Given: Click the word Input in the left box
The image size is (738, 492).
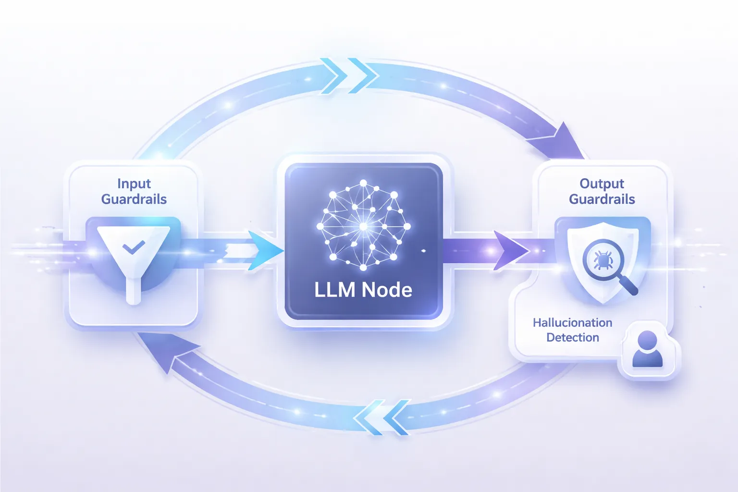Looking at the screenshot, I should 134,184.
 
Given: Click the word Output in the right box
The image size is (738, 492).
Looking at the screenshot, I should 602,184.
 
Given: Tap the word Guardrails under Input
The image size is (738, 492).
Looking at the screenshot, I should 134,199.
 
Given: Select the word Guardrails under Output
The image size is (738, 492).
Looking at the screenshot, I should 602,199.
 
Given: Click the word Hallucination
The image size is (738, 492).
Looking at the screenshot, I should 572,322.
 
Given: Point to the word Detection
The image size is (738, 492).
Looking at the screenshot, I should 573,337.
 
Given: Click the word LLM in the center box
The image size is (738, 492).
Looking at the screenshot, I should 334,290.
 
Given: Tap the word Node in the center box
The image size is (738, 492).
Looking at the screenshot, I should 387,290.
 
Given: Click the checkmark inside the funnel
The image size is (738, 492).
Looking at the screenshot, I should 134,247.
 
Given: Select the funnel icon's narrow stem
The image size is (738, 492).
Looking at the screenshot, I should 133,291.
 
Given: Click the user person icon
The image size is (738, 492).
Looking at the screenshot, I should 647,349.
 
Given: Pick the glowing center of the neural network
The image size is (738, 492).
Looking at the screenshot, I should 363,226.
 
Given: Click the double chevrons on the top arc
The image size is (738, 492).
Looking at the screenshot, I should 350,76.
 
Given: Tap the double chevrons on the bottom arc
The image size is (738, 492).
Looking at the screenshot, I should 382,417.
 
